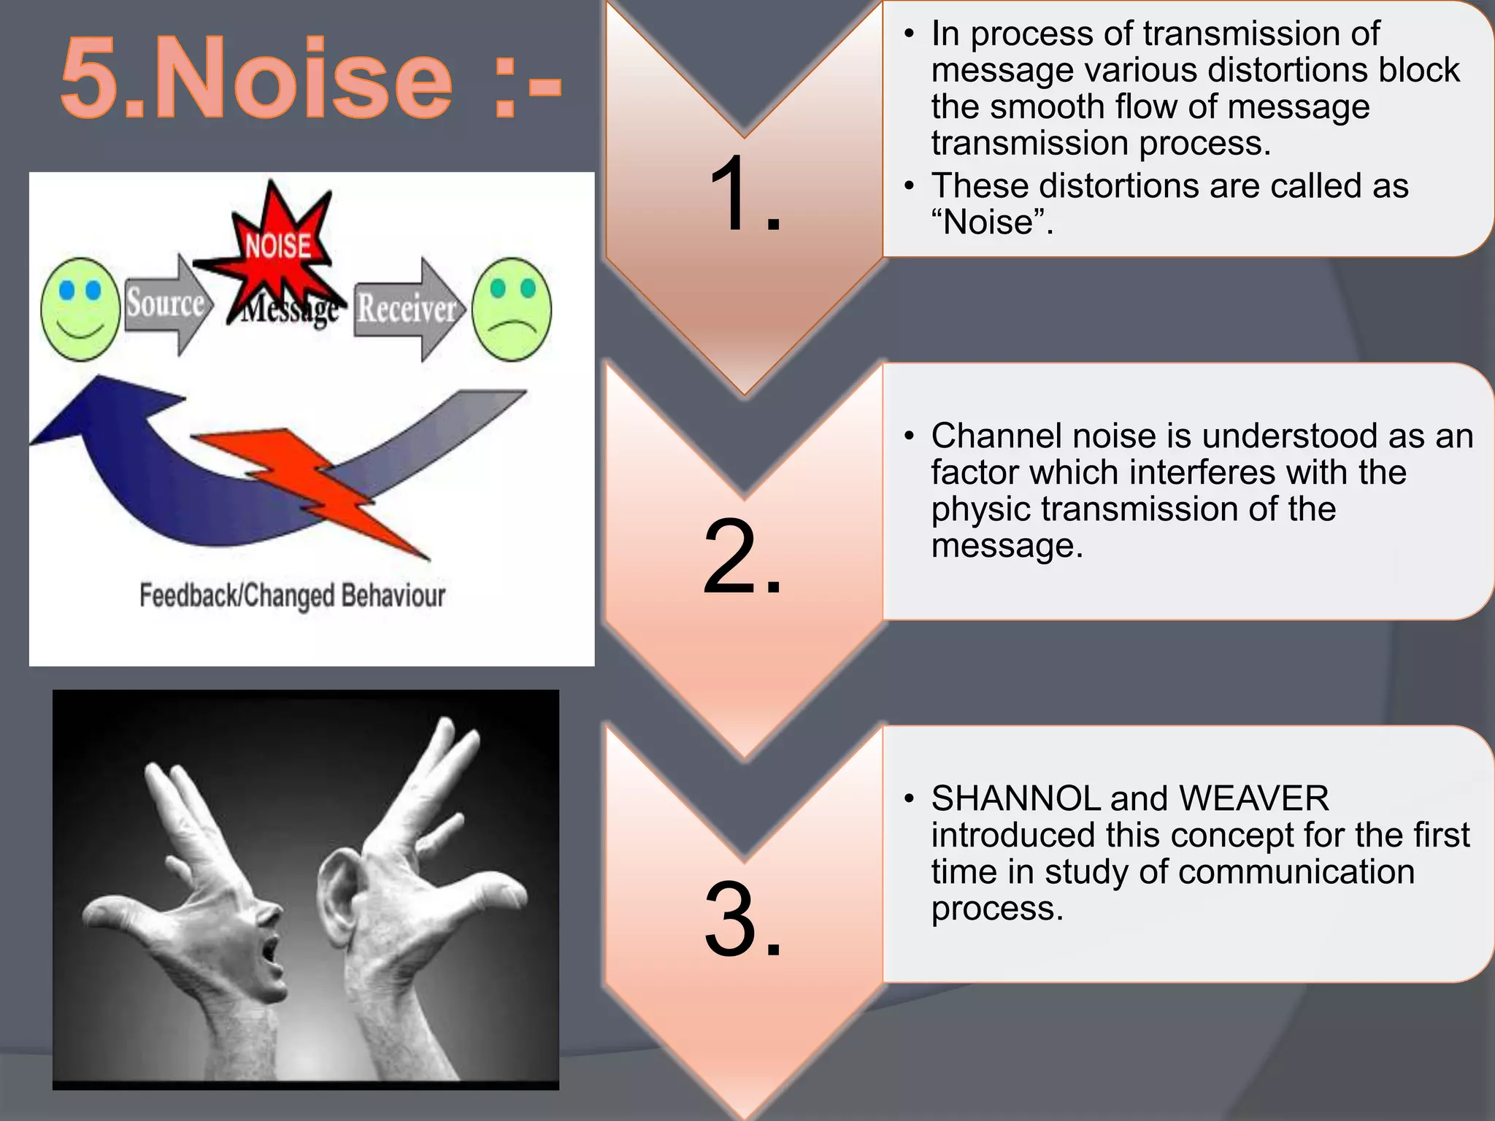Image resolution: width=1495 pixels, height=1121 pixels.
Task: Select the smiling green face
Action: coord(80,309)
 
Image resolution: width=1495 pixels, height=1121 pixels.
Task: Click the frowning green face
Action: coord(512,309)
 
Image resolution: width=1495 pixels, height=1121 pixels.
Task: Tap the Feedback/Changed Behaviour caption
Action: coord(292,596)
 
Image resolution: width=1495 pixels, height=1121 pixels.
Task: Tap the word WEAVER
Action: coord(1254,798)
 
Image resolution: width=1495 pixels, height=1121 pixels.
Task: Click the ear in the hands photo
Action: coord(336,898)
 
